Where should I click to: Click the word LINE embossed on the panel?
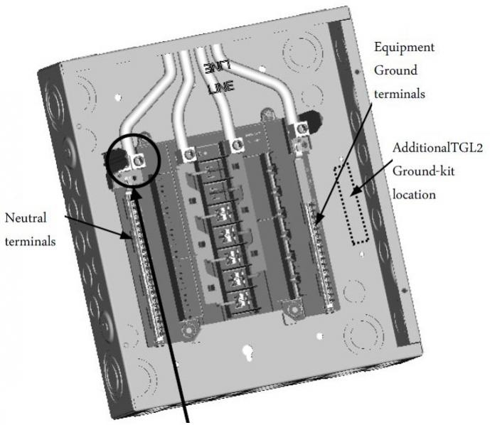point(220,90)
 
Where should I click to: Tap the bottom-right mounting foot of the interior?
point(292,310)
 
